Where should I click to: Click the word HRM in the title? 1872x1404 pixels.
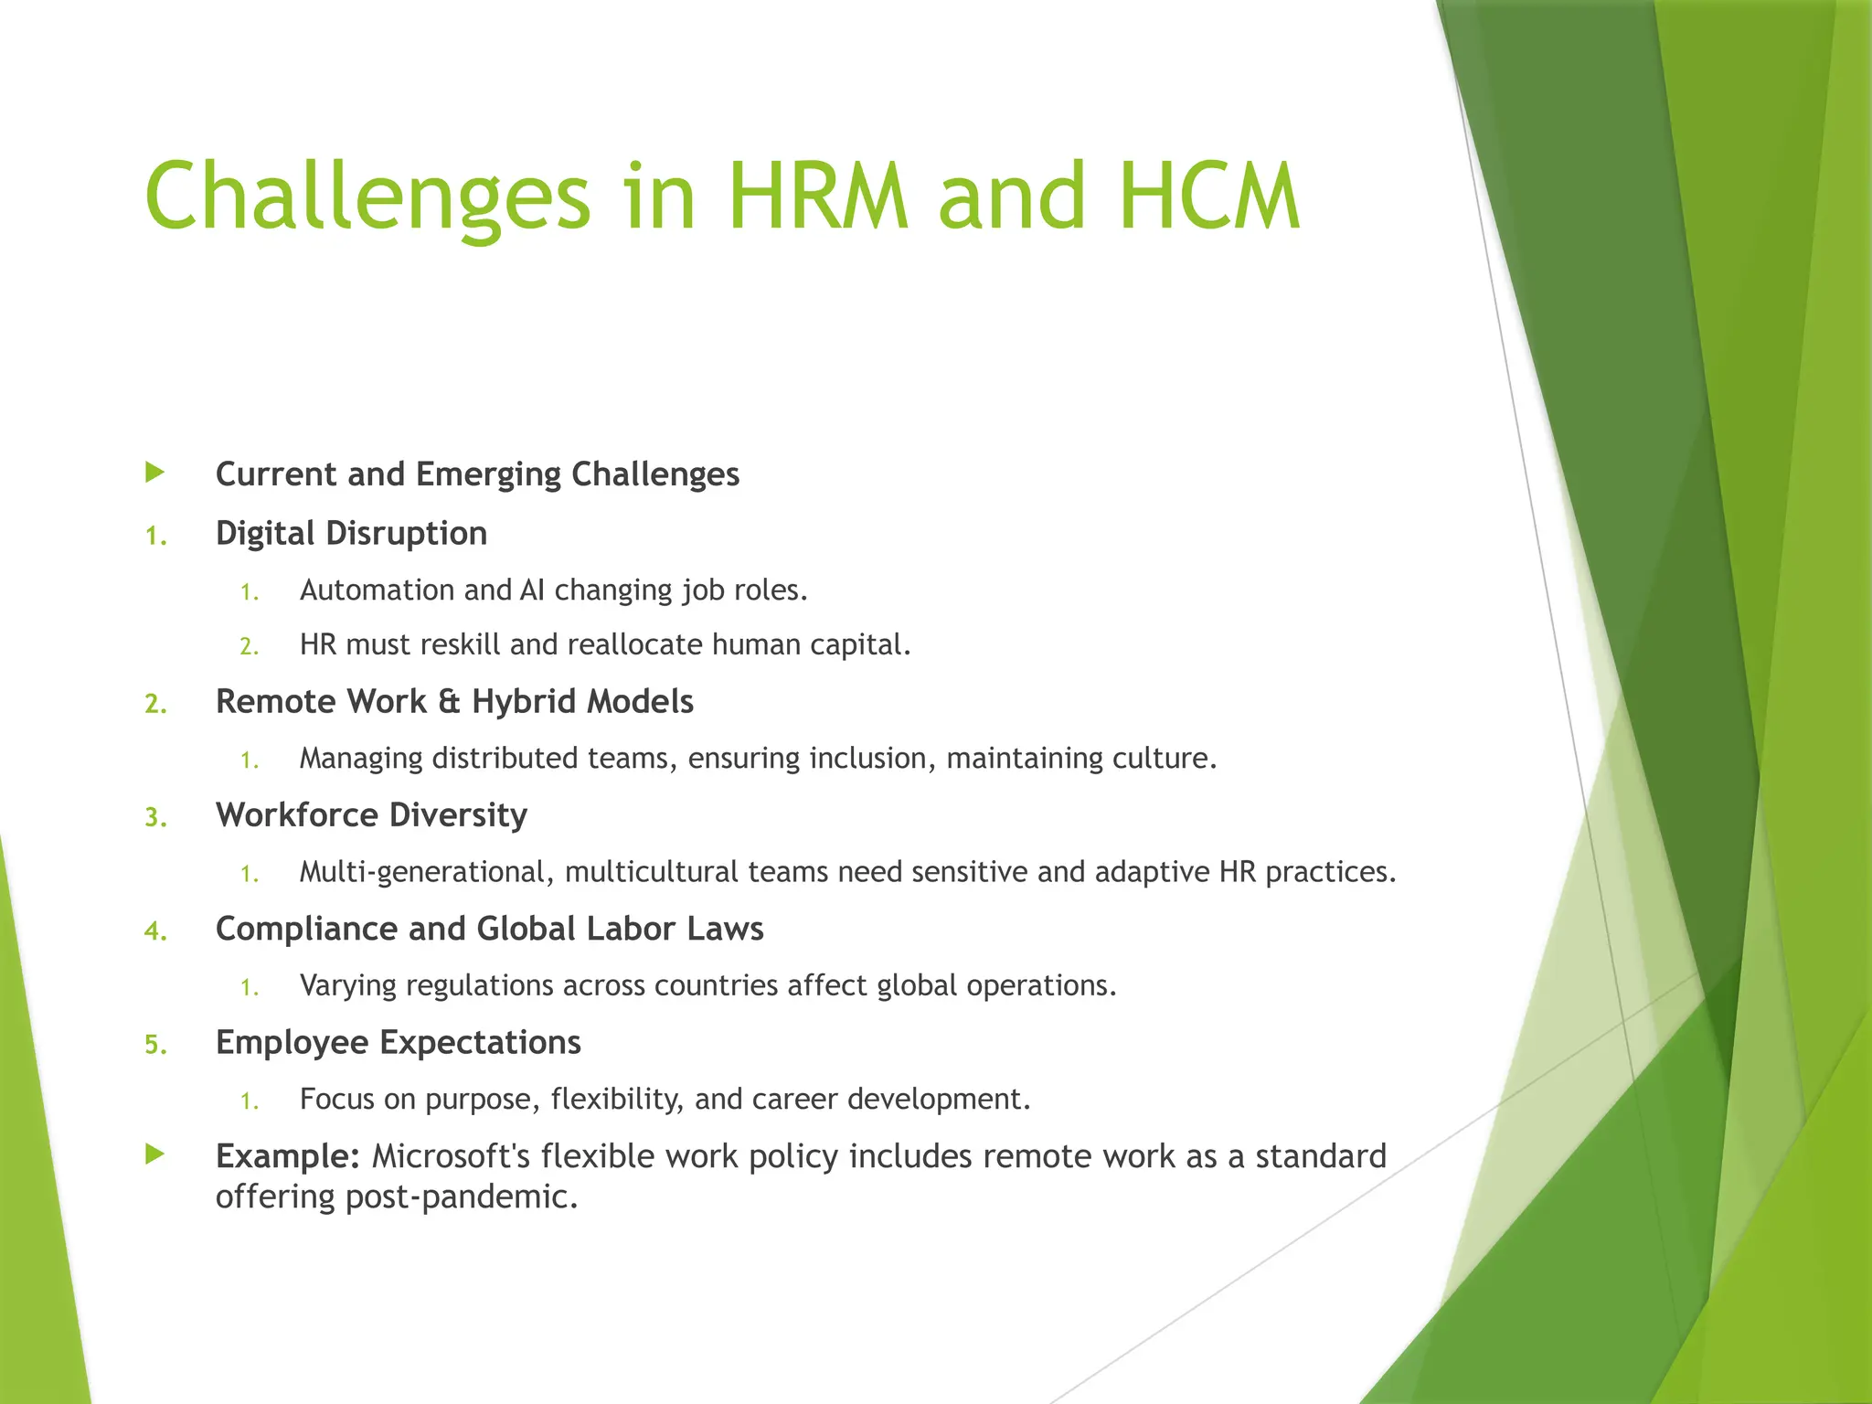click(x=817, y=197)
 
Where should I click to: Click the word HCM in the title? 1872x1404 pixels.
click(x=1208, y=197)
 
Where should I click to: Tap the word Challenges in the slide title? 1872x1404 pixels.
click(x=367, y=197)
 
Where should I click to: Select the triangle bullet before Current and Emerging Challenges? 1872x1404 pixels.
click(x=155, y=473)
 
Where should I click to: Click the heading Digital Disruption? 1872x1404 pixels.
click(x=351, y=533)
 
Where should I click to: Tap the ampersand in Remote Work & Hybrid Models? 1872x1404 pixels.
click(x=448, y=702)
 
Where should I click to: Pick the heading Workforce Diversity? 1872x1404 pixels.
click(x=371, y=815)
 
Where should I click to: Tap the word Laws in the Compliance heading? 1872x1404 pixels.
click(x=724, y=929)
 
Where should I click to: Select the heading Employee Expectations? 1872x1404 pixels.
click(x=398, y=1042)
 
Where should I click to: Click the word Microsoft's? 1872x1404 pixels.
click(x=451, y=1156)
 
